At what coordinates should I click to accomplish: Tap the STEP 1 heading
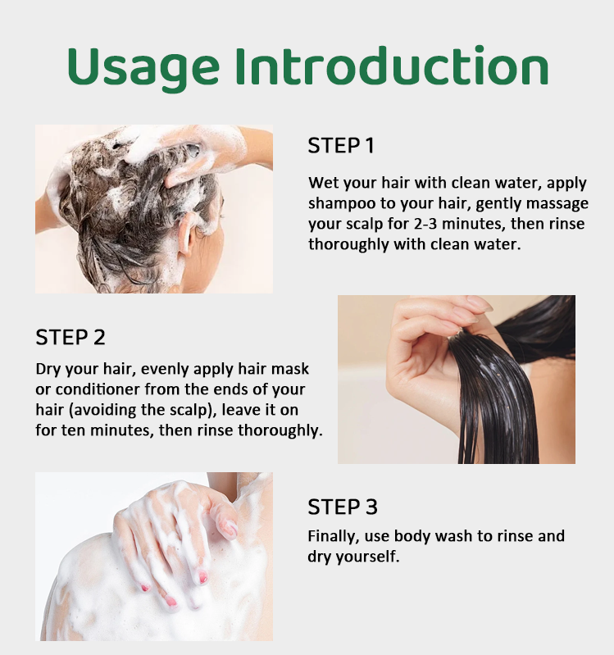tap(341, 146)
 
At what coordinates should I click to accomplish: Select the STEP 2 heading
tap(70, 337)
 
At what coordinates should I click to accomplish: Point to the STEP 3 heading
tap(343, 507)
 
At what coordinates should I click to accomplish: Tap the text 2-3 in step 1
tap(425, 224)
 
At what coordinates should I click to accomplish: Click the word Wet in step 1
tap(322, 183)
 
